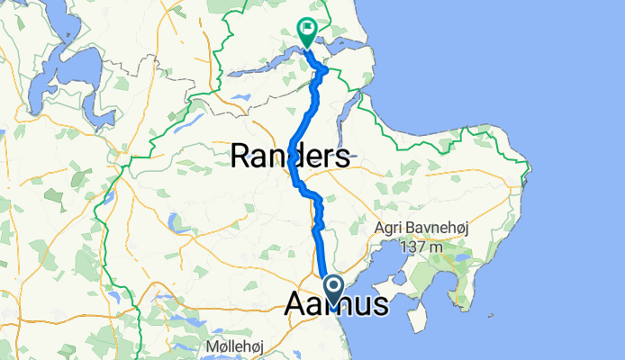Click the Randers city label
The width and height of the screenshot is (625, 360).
pos(290,157)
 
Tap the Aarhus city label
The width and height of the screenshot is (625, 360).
pos(337,304)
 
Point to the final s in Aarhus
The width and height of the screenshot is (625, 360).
pos(382,305)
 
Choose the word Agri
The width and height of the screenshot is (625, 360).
pos(389,229)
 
